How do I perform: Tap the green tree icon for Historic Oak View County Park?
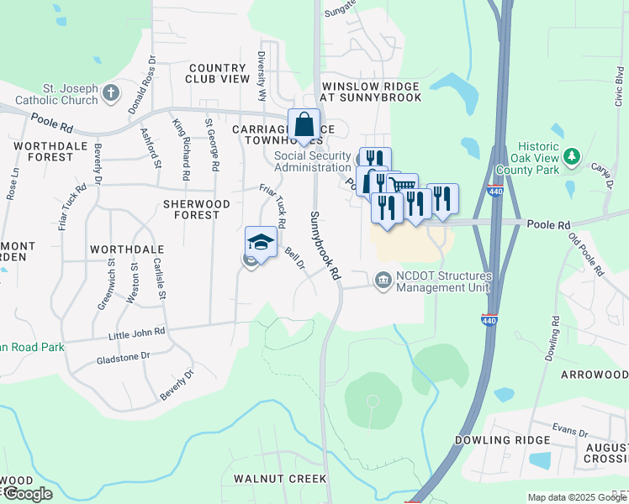573,156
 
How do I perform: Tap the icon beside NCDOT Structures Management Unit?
383,279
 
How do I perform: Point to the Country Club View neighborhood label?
219,73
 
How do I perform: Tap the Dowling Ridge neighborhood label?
494,440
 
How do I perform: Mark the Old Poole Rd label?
586,254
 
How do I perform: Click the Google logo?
28,493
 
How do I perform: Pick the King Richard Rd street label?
181,150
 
